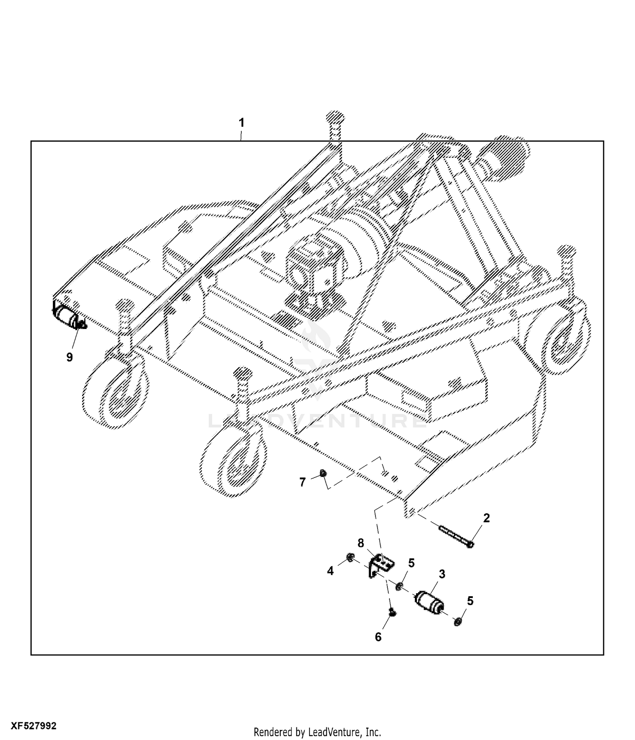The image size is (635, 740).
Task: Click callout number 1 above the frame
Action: [x=241, y=123]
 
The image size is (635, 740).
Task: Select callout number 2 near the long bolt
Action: [x=486, y=518]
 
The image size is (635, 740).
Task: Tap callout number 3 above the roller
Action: [x=442, y=574]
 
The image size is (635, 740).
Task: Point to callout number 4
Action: [x=330, y=571]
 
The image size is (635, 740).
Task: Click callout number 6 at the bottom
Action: [x=378, y=637]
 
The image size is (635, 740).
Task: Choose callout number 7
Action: [x=302, y=482]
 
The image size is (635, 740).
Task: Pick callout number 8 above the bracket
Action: [x=361, y=543]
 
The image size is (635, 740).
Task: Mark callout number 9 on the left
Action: [x=69, y=357]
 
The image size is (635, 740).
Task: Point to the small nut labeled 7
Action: [x=323, y=473]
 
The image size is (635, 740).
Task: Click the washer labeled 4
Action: [x=350, y=559]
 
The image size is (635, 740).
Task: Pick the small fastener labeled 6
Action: [x=392, y=612]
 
